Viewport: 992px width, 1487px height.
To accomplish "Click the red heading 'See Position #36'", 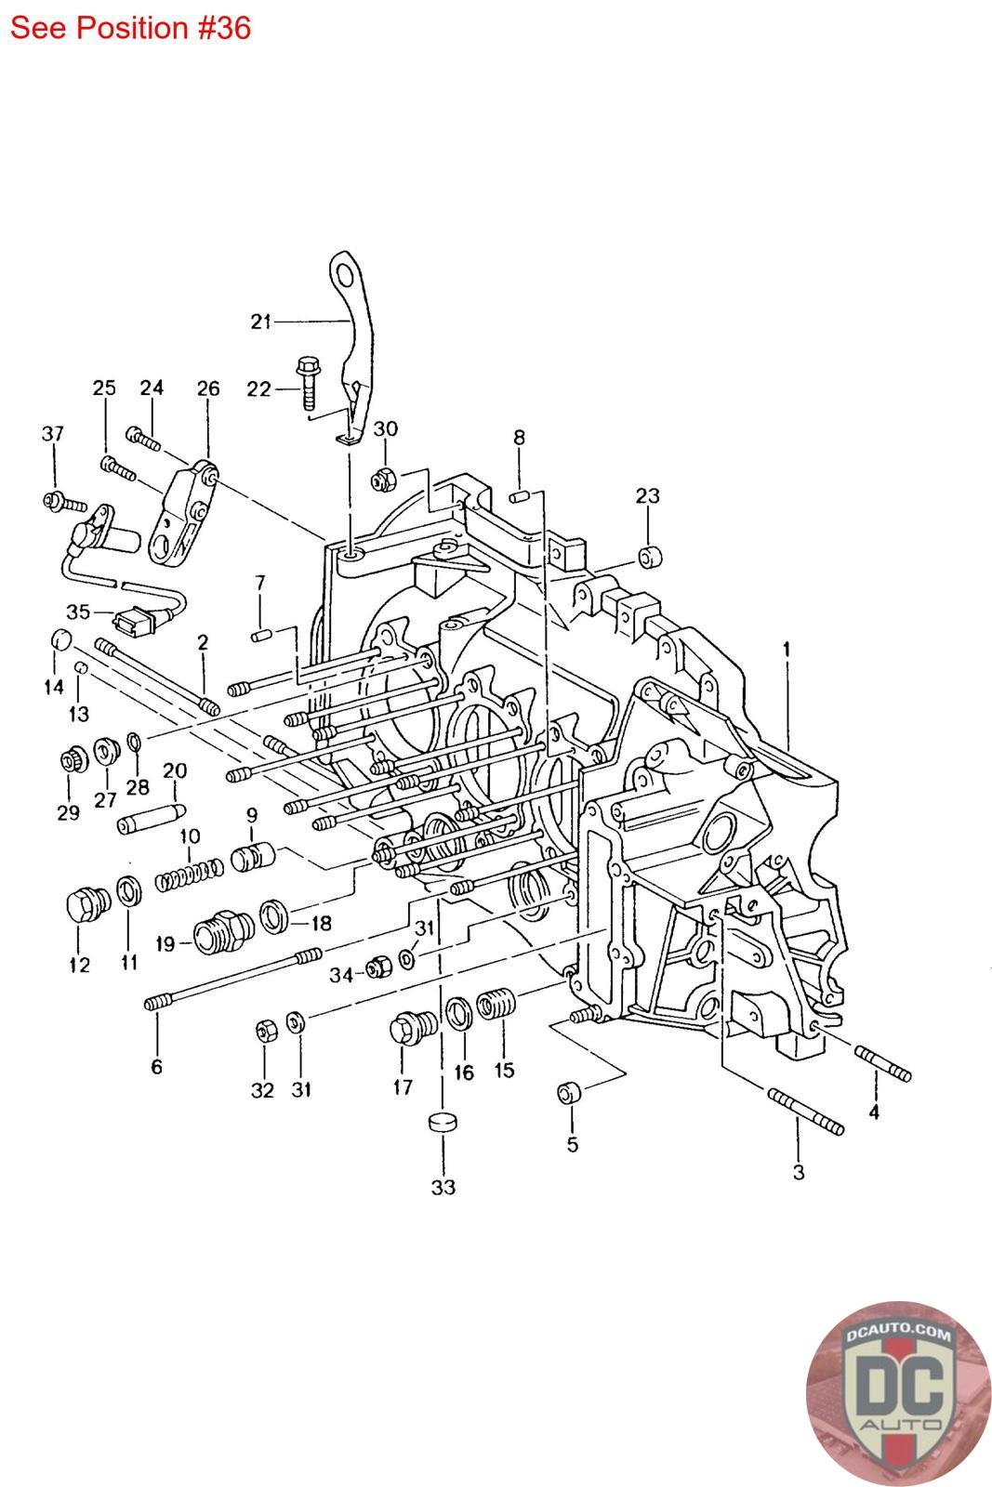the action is (130, 28).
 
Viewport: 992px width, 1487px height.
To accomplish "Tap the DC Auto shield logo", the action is (899, 1392).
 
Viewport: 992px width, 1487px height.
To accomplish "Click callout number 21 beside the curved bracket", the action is (261, 322).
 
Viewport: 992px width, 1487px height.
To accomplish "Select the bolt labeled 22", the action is (307, 384).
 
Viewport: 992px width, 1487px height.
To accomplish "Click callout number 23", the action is (647, 496).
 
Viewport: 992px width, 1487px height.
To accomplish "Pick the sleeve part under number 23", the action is (650, 557).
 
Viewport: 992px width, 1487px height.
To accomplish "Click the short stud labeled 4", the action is (882, 1063).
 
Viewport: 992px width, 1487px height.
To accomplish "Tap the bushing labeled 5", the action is (569, 1091).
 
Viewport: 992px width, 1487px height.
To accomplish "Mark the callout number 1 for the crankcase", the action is (787, 649).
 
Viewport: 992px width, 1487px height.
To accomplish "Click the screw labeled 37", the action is (64, 502).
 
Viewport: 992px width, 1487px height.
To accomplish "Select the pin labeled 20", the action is (152, 818).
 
